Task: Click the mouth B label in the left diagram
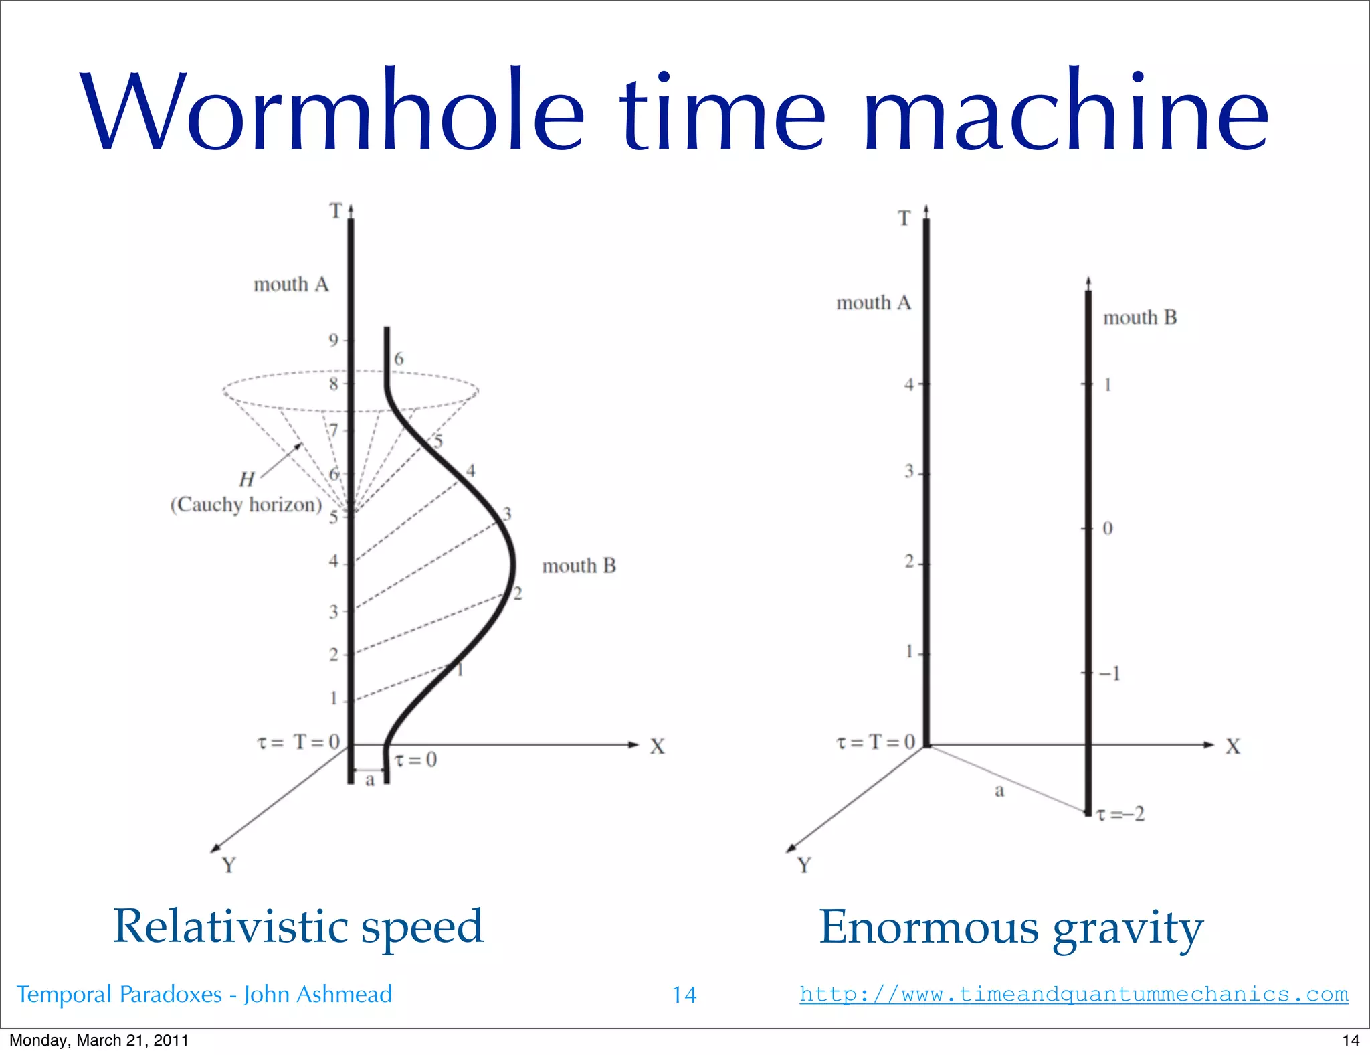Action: pos(579,566)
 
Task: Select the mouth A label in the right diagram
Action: pos(873,303)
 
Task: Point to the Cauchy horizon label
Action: pos(246,505)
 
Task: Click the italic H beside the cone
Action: pos(247,479)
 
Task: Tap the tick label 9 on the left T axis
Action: pos(333,341)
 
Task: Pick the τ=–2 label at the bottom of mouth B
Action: pos(1121,814)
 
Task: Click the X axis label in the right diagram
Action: pos(1233,747)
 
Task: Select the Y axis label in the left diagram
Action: pos(229,866)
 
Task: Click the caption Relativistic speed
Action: pos(298,926)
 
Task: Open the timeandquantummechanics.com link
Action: pos(1074,994)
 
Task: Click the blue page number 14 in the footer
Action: pos(684,995)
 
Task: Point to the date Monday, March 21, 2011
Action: pos(99,1040)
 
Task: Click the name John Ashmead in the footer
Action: pos(318,995)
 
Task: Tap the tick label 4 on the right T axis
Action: pos(908,385)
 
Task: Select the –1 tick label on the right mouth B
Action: pos(1110,673)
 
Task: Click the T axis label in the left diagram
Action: pos(336,212)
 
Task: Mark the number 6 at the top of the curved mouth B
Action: pos(399,359)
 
